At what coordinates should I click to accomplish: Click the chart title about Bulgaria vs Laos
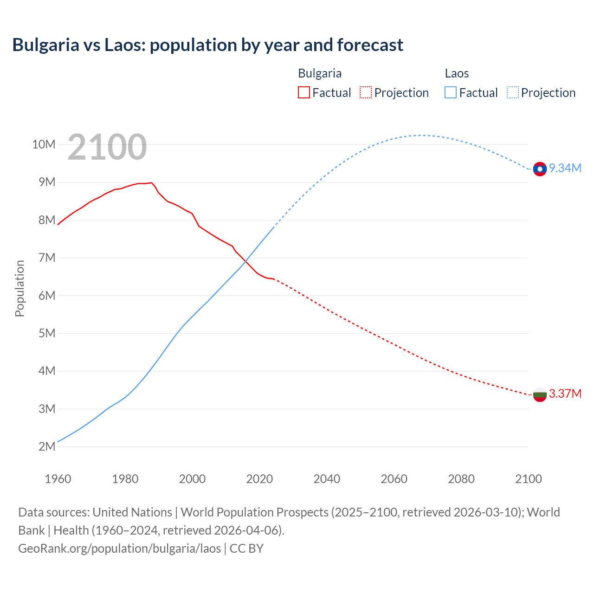point(207,45)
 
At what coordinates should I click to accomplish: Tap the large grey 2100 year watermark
point(107,147)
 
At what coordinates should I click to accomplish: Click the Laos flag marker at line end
point(540,169)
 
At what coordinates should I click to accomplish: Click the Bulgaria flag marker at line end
point(540,395)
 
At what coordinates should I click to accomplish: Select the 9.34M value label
point(565,168)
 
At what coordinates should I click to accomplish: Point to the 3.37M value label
point(565,394)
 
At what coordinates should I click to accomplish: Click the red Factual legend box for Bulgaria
point(304,92)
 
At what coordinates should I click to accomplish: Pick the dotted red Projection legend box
point(366,92)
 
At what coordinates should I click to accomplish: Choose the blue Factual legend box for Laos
point(451,92)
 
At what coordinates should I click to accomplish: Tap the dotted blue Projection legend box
point(513,92)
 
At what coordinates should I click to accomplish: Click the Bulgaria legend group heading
point(320,73)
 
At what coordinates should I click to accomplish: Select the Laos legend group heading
point(457,73)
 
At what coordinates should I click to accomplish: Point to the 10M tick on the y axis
point(44,144)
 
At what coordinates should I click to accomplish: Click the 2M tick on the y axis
point(47,446)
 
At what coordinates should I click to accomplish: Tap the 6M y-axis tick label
point(47,296)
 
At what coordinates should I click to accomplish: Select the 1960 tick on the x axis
point(58,479)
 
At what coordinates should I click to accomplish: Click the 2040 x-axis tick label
point(327,479)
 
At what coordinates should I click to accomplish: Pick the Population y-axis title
point(19,288)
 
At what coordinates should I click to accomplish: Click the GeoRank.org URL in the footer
point(119,548)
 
